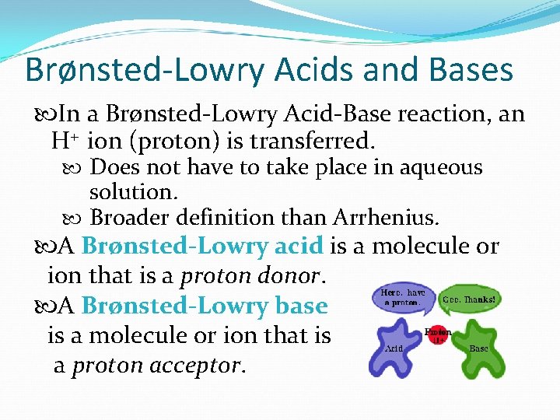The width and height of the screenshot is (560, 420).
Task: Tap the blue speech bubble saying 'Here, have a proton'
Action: [x=401, y=298]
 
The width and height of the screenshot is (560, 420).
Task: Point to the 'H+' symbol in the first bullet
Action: [x=65, y=142]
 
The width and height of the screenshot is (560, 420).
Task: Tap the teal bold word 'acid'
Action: [x=299, y=246]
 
